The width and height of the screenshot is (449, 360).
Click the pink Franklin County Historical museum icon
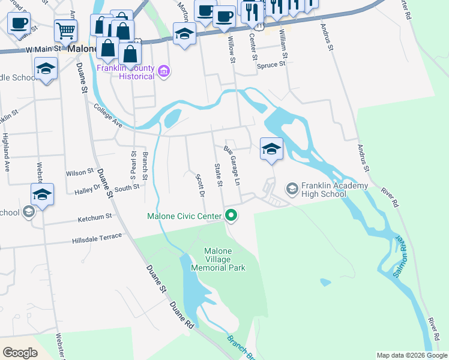[163, 72]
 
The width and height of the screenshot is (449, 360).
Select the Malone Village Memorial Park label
[224, 259]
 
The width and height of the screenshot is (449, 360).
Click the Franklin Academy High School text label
[324, 190]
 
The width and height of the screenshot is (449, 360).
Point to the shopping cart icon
[65, 29]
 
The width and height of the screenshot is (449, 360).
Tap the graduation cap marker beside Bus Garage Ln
[271, 149]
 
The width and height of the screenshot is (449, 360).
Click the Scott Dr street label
[200, 185]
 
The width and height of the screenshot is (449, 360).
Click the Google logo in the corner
[20, 353]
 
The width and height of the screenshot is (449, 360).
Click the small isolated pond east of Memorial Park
[325, 281]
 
